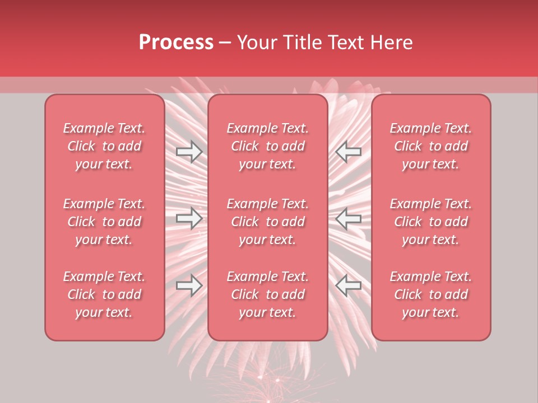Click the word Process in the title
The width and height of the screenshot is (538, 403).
point(176,42)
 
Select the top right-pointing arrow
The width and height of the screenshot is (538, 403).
point(189,151)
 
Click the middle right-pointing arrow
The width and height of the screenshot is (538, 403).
point(189,218)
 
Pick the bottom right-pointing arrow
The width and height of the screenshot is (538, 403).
point(189,285)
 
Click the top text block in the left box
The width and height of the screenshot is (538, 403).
point(104,146)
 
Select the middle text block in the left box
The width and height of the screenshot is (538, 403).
point(104,222)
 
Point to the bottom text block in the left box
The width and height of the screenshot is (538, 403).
point(104,294)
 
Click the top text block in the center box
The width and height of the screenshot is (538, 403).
point(268,146)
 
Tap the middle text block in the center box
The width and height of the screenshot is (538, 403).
point(268,222)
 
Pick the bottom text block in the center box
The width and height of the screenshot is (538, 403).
point(268,294)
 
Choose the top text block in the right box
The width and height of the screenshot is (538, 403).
point(431,146)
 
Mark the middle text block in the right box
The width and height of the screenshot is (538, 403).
point(431,222)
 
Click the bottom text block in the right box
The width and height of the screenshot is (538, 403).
point(431,294)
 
